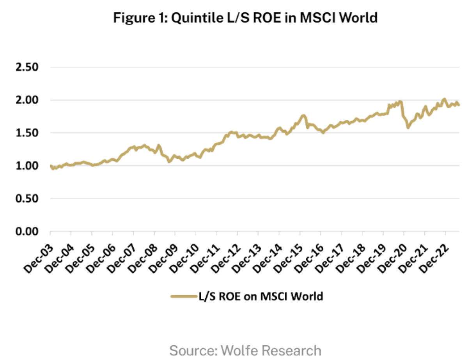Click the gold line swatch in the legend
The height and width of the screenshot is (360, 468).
pos(183,296)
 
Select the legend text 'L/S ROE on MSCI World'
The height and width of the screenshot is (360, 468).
pos(259,296)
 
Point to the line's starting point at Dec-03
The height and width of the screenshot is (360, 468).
pos(51,166)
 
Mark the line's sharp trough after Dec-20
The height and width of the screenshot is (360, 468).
pos(408,128)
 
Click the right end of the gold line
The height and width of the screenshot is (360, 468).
pos(459,105)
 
